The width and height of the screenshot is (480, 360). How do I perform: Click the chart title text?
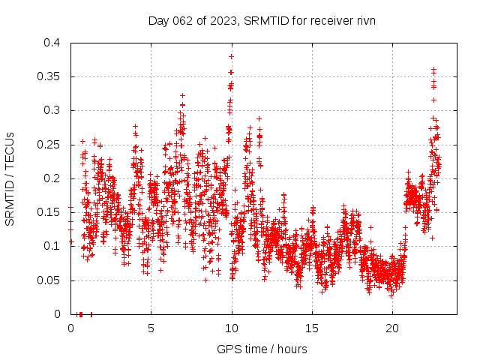point(262,20)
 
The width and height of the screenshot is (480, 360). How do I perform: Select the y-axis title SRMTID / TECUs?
point(10,178)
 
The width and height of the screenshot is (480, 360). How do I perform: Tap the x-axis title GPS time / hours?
point(262,349)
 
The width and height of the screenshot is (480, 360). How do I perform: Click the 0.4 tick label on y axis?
point(52,43)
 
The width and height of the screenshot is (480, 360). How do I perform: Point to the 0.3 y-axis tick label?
point(52,110)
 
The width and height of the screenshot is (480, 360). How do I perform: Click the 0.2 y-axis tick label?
point(52,178)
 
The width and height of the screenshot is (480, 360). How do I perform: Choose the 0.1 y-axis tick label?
point(52,246)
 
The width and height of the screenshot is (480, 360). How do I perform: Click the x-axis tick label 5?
point(151,328)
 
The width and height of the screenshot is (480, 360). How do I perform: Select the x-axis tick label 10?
point(232,328)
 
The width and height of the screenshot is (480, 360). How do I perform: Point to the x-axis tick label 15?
point(312,328)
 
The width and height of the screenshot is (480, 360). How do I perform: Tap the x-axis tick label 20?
point(392,328)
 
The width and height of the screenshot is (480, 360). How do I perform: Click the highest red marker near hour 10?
point(232,56)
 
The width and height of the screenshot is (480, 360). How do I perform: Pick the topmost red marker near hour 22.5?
point(433,69)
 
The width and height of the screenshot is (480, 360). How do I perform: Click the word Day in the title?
point(158,20)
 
